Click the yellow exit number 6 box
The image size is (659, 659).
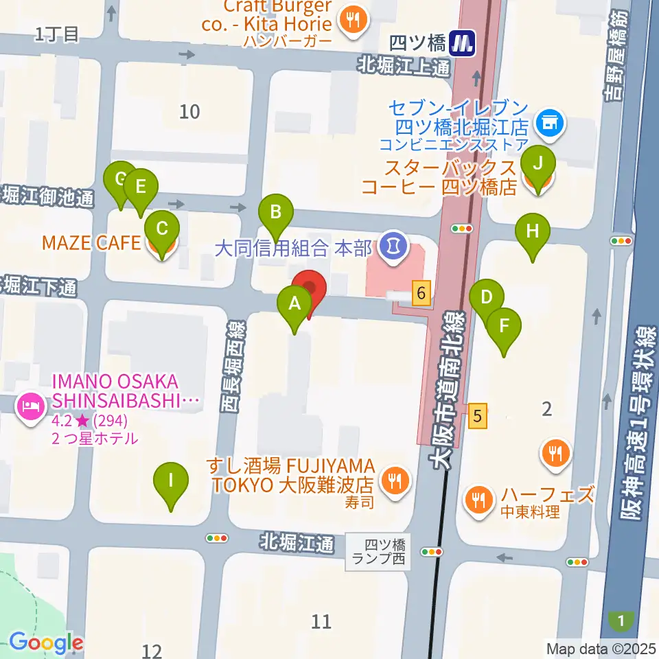[x=421, y=294]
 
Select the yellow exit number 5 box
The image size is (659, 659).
[x=478, y=415]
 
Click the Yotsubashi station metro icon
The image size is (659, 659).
[x=463, y=45]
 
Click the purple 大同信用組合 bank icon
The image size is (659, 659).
[x=393, y=244]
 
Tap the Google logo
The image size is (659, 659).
[x=45, y=643]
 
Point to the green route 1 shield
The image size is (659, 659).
[x=621, y=622]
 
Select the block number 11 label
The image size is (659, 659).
[x=321, y=622]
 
